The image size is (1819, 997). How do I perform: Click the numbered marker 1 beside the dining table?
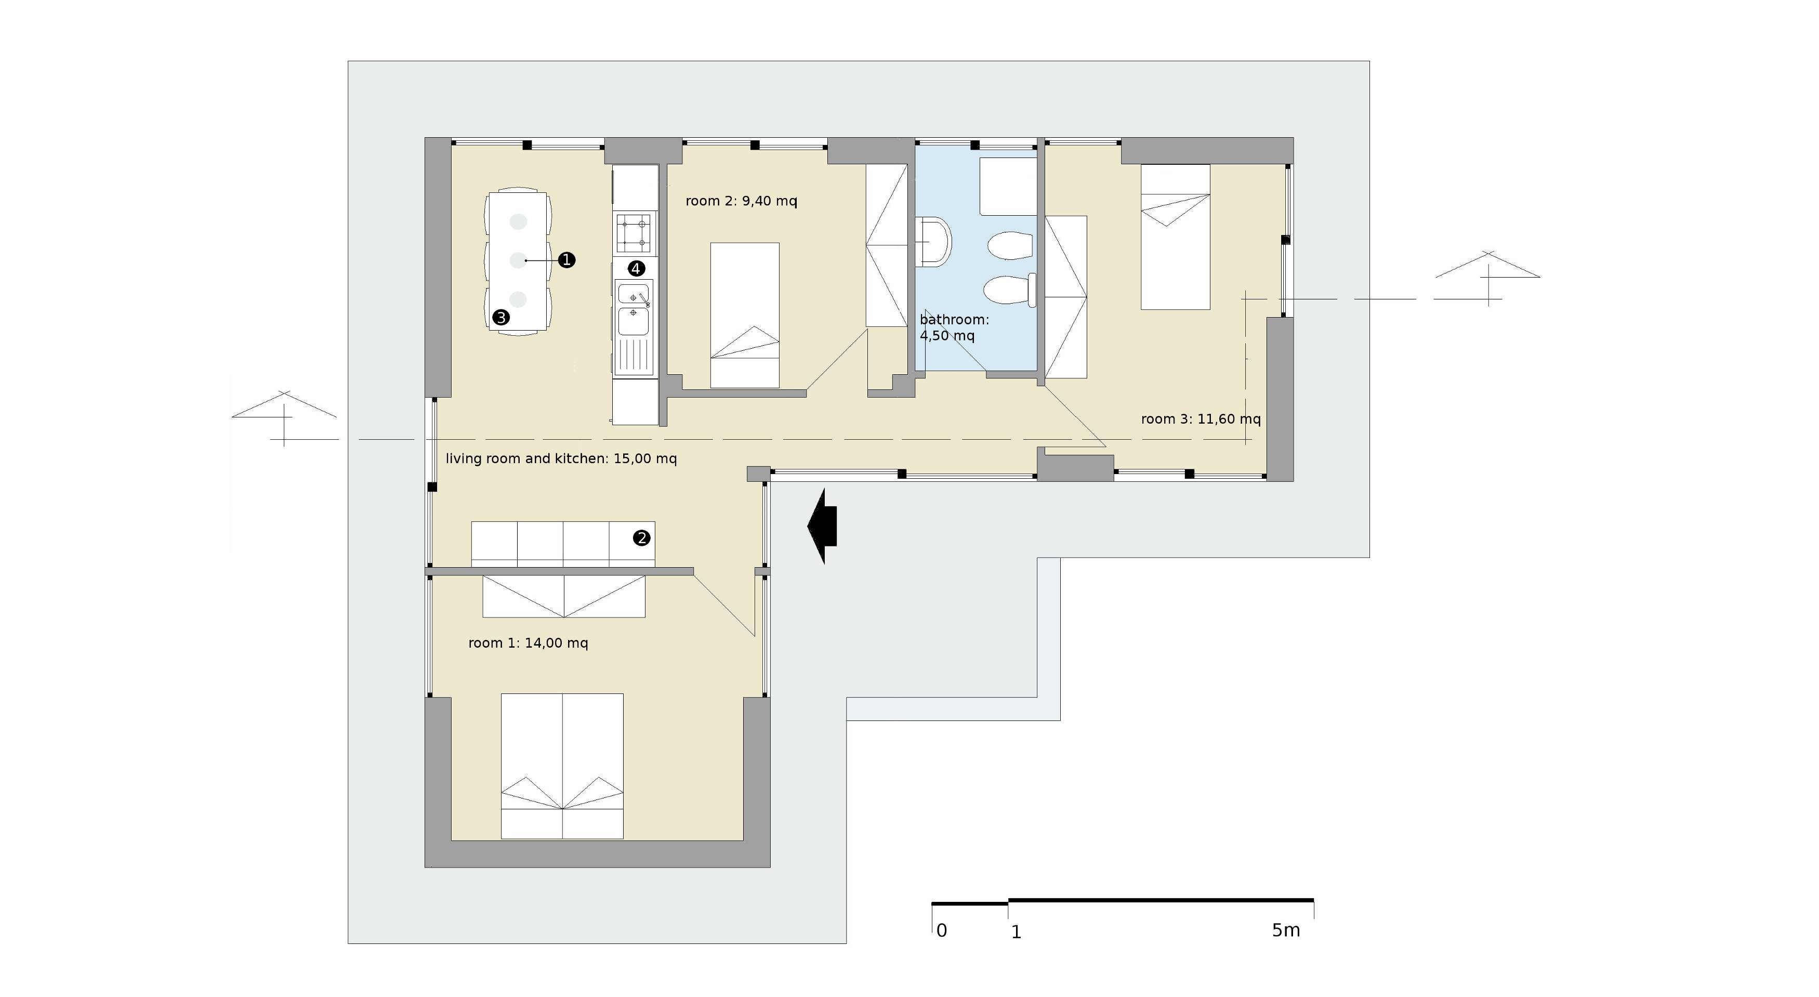point(566,260)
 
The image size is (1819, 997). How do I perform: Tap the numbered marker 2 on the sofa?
point(641,538)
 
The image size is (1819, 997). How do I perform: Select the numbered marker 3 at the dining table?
point(502,318)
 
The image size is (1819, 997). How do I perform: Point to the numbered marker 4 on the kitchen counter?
point(636,268)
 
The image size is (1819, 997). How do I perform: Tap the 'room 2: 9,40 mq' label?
point(742,201)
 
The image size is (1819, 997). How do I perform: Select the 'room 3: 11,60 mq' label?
point(1201,419)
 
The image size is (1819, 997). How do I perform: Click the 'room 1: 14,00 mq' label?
point(528,643)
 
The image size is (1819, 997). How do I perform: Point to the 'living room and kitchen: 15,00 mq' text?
point(561,459)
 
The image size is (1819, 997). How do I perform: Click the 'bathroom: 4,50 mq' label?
point(954,327)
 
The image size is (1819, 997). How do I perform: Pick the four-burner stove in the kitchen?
point(634,233)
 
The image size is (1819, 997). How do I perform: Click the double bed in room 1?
point(562,766)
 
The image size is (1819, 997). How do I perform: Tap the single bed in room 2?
point(744,316)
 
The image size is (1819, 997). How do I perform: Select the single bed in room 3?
point(1176,237)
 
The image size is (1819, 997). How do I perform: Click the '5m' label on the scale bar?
point(1286,930)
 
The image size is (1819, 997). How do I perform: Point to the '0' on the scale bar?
point(941,930)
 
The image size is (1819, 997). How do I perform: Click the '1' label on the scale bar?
point(1016,933)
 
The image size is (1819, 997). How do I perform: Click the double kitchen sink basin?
point(634,309)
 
